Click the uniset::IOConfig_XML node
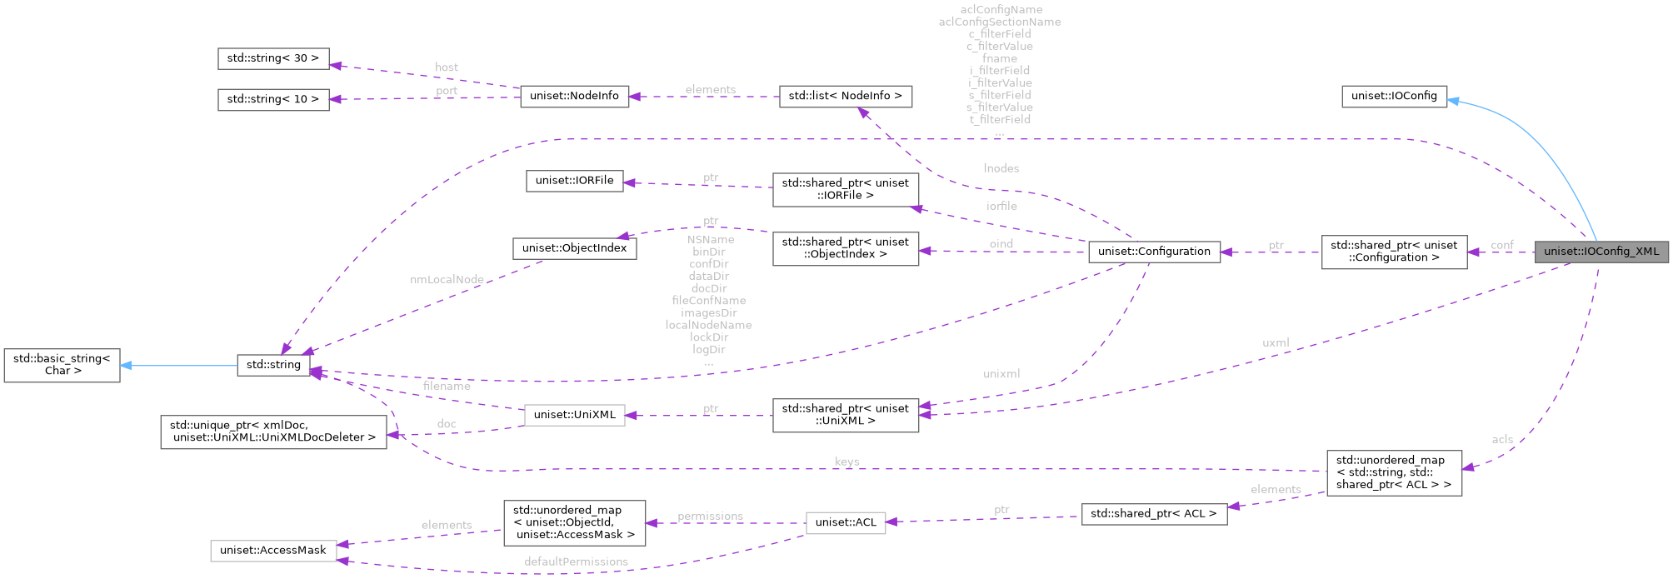tap(1601, 252)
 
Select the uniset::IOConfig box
tap(1394, 96)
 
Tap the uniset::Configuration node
tap(1154, 252)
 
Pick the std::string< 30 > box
tap(273, 58)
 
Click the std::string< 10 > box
tap(273, 99)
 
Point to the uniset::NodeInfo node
tap(574, 96)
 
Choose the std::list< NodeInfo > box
tap(845, 96)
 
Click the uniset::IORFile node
tap(574, 181)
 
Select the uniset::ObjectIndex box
tap(574, 248)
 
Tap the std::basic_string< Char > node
tap(62, 365)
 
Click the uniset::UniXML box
tap(574, 415)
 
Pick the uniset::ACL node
tap(845, 522)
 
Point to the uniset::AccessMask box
tap(273, 551)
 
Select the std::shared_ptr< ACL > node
tap(1153, 514)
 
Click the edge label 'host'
tap(447, 67)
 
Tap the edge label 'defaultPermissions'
tap(576, 562)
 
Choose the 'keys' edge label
tap(846, 462)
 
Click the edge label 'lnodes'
tap(1001, 168)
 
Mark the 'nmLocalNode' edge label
tap(447, 280)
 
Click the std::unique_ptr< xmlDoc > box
tap(273, 432)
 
